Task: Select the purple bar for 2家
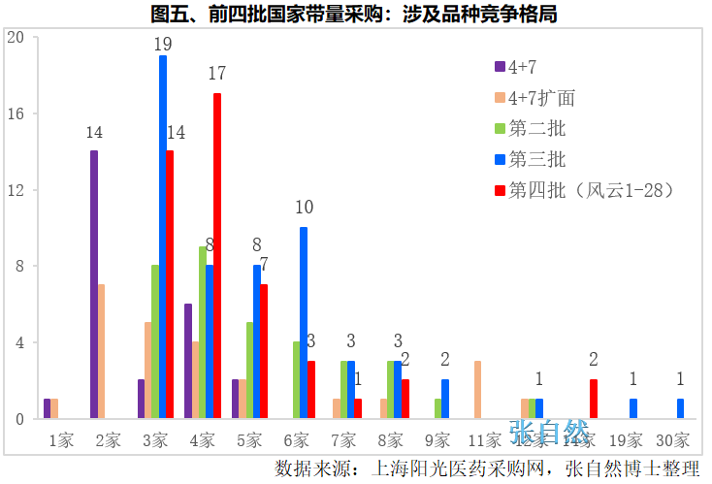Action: (94, 284)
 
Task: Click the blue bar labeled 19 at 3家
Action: (163, 237)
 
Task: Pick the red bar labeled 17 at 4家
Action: (217, 255)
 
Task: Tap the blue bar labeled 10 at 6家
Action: (304, 322)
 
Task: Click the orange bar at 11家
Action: (478, 389)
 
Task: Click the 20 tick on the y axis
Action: (16, 38)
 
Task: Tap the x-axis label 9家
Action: (438, 439)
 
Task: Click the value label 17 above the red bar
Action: (216, 74)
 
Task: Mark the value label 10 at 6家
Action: (304, 207)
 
